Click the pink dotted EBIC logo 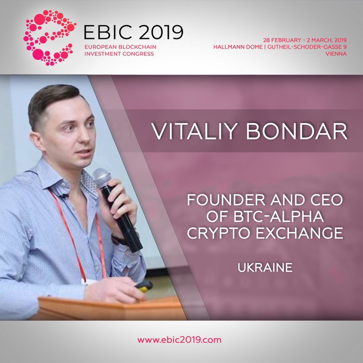click(x=49, y=38)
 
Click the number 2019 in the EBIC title click(x=161, y=32)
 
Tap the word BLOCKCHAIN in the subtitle click(x=137, y=47)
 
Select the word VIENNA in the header click(x=336, y=54)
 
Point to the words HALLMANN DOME click(x=238, y=47)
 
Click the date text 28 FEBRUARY click(x=282, y=40)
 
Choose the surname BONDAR click(x=296, y=131)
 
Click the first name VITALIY click(x=195, y=131)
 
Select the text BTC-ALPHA click(x=278, y=216)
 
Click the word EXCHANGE click(x=299, y=233)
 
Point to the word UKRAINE click(x=265, y=268)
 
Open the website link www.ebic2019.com click(x=179, y=340)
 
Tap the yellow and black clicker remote click(x=144, y=286)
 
